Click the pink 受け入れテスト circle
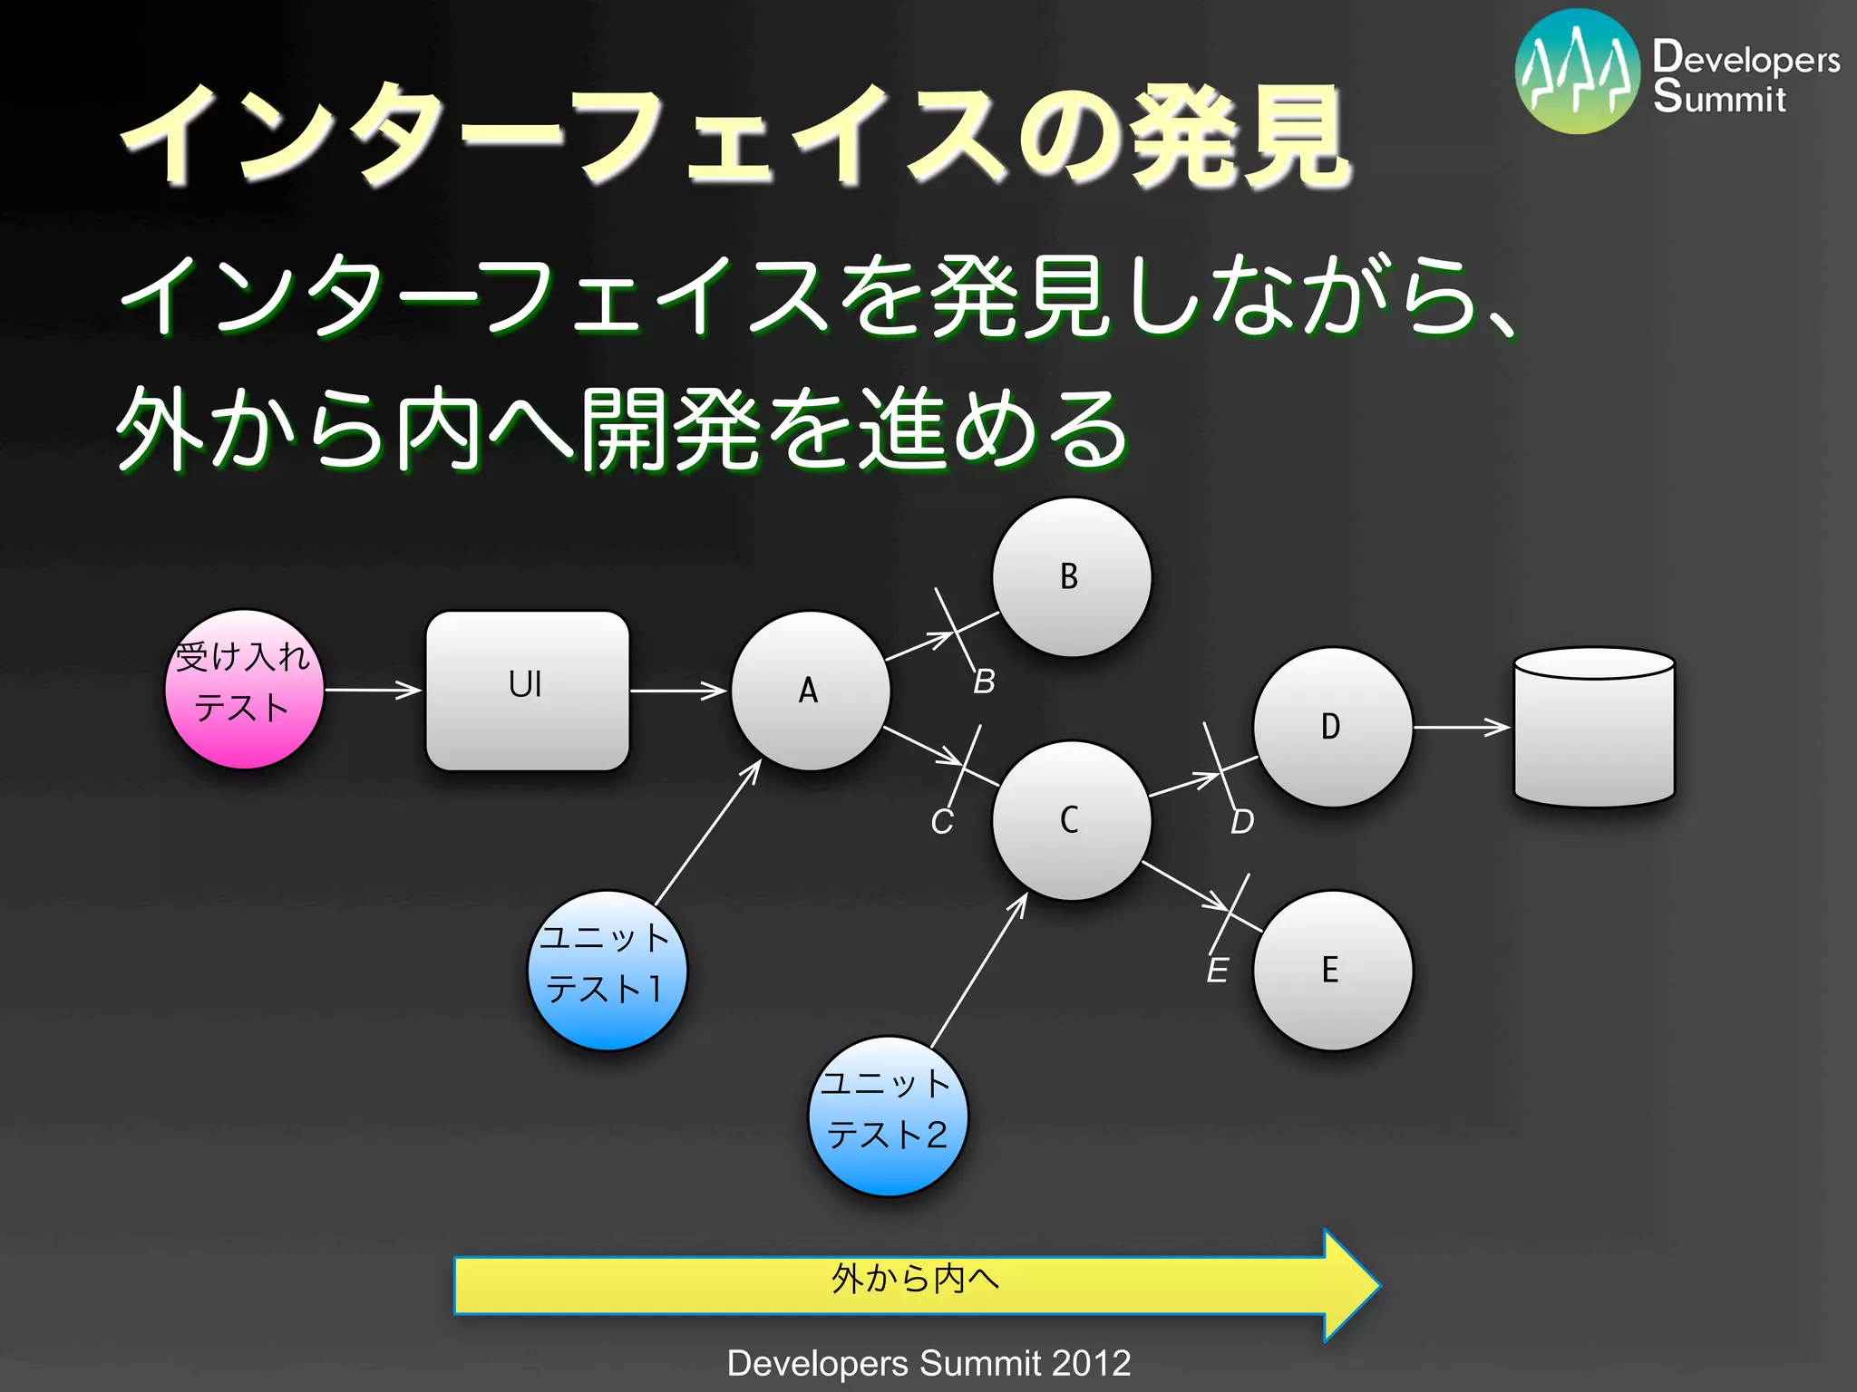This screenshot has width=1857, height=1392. tap(244, 690)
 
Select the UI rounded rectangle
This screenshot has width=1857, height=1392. tap(527, 691)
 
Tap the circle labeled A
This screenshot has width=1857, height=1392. tap(810, 691)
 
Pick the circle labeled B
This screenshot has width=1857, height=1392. tap(1072, 577)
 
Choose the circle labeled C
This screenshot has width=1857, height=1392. tap(1072, 820)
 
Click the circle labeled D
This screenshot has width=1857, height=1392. tap(1332, 727)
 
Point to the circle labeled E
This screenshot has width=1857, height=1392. tap(1332, 971)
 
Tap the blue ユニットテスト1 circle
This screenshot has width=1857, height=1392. tap(607, 971)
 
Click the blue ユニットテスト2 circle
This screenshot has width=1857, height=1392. tap(888, 1116)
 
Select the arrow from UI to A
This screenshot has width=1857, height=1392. tap(678, 691)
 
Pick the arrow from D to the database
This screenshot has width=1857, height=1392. tap(1461, 727)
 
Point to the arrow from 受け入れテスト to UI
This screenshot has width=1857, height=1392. tap(373, 690)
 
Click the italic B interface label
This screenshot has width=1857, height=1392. tap(984, 681)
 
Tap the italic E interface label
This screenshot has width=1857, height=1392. tap(1217, 971)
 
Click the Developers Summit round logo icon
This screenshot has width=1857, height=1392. tap(1577, 72)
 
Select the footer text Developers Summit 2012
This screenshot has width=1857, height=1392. tap(928, 1363)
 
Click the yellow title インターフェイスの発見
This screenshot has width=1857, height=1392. tap(734, 136)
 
